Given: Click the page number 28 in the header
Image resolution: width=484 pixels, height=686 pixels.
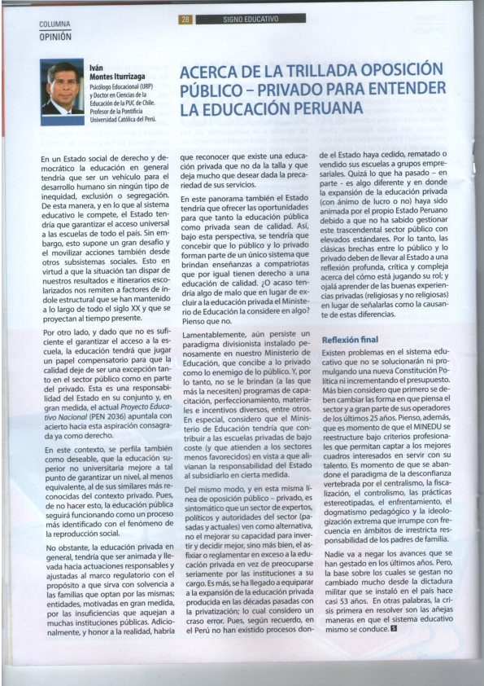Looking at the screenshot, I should pos(185,19).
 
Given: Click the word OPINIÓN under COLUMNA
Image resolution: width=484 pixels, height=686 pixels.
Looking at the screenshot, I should pos(55,37).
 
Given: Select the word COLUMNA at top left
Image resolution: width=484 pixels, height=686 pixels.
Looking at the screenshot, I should pos(55,25).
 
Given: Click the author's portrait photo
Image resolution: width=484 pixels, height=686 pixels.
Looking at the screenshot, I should pos(62,88).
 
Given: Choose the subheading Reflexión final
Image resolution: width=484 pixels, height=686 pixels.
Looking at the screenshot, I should pos(351,339).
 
